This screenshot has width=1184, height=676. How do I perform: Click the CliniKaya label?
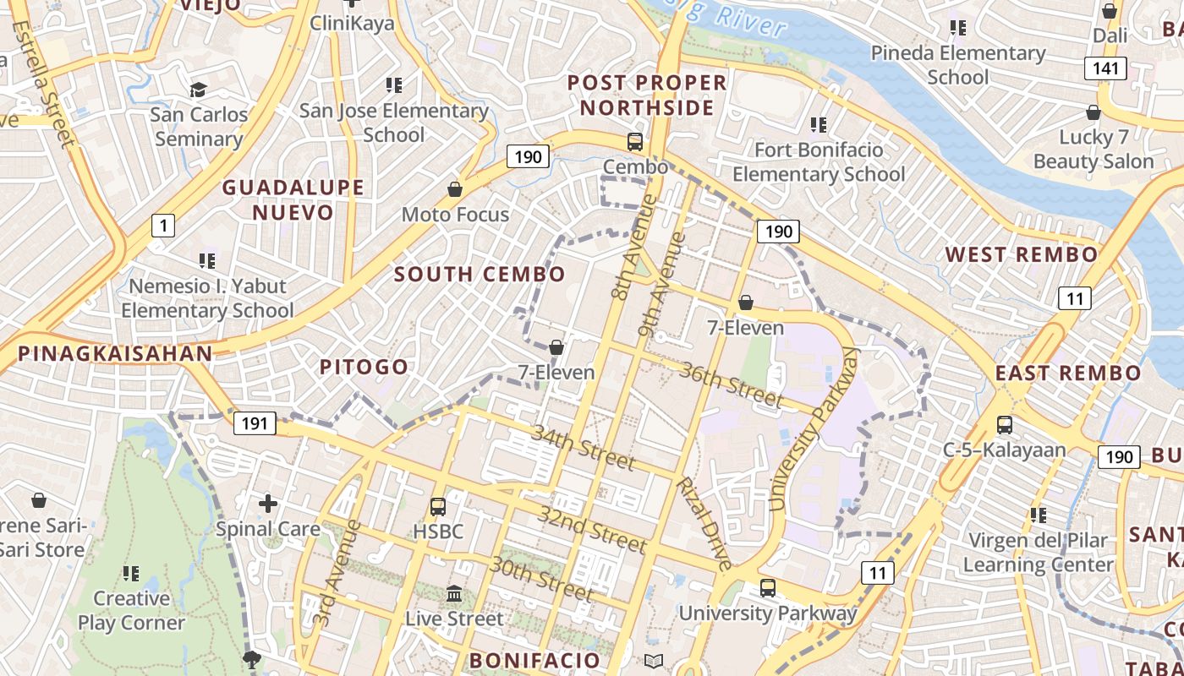click(352, 23)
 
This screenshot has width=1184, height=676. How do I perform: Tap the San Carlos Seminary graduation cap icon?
click(198, 90)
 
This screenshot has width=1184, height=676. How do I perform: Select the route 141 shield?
click(1105, 68)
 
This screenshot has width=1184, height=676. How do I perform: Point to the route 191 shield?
click(255, 423)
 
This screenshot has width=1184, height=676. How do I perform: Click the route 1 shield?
click(163, 225)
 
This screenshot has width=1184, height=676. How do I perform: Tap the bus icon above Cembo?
click(635, 142)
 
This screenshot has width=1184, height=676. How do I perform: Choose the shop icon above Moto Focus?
click(455, 189)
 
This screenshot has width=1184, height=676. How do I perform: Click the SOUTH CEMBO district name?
click(480, 274)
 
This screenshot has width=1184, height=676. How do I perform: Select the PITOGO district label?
click(364, 367)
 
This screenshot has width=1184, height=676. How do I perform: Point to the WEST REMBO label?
click(1021, 254)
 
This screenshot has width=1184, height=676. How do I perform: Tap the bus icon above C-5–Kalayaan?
click(1005, 425)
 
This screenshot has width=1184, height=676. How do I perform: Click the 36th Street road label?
click(731, 384)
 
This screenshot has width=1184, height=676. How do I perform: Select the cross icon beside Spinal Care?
click(268, 504)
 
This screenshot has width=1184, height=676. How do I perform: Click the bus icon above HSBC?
click(438, 507)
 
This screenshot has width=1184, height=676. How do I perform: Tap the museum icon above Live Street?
click(454, 594)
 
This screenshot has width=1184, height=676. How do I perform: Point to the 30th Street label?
click(540, 578)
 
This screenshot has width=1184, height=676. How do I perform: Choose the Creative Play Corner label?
click(131, 610)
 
